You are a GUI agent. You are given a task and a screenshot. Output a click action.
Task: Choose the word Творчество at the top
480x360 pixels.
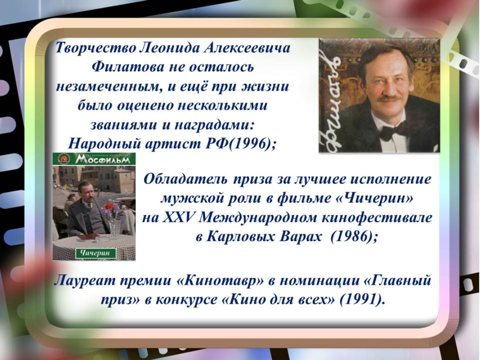(x=95, y=48)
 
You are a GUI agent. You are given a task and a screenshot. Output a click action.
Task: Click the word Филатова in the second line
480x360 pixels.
(x=128, y=67)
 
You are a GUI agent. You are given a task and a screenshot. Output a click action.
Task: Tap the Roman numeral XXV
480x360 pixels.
(x=179, y=217)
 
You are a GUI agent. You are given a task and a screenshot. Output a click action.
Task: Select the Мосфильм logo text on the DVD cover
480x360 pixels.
(x=105, y=159)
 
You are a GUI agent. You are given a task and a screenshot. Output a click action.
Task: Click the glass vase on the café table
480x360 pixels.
(x=115, y=229)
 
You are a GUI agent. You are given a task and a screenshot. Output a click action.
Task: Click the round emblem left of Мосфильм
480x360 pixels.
(x=64, y=159)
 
